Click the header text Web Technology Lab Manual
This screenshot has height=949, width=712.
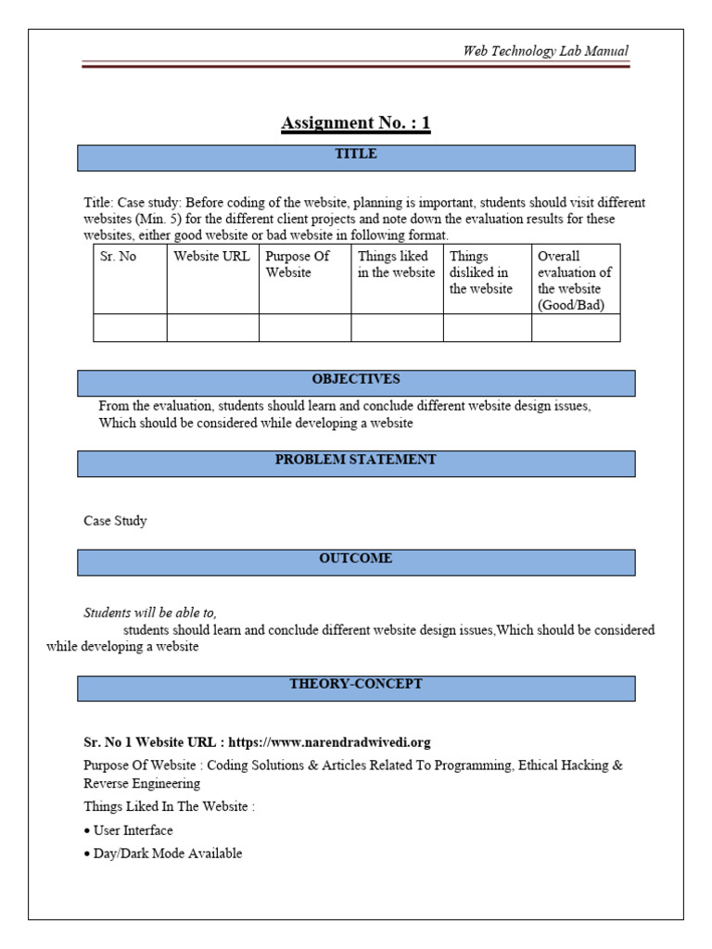(x=545, y=51)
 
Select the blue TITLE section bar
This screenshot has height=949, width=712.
(x=356, y=157)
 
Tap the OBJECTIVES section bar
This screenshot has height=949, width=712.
(x=356, y=382)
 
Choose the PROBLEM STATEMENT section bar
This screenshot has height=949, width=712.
(x=356, y=462)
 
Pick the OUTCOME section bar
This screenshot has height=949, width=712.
(x=356, y=562)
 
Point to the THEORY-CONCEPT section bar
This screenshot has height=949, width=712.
(x=356, y=687)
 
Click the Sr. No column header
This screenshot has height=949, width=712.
(x=119, y=257)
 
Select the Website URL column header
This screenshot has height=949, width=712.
(x=211, y=257)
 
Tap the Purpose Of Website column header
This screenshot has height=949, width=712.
(x=298, y=264)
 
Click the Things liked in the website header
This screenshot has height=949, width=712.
(x=396, y=264)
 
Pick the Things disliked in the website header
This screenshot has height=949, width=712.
(x=480, y=272)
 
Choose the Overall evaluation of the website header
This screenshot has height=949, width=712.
(x=575, y=281)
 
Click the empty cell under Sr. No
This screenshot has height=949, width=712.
(x=130, y=328)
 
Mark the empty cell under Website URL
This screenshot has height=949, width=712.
(x=212, y=328)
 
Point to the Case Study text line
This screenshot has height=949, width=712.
(x=115, y=521)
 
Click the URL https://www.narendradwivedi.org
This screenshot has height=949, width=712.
(x=329, y=742)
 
